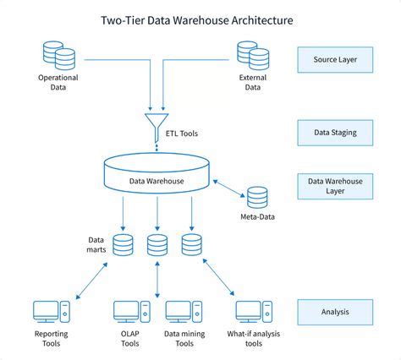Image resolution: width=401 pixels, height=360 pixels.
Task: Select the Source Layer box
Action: pos(336,59)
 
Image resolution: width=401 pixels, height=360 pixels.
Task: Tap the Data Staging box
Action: pos(336,133)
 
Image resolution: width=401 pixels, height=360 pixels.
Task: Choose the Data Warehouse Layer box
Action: pos(336,186)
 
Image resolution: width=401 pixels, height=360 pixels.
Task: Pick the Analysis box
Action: pos(336,312)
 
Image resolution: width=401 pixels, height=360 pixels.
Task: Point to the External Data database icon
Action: pos(254,56)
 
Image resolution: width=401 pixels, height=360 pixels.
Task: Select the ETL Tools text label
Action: pos(191,133)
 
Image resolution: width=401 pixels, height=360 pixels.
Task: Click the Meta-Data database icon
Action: pos(257,197)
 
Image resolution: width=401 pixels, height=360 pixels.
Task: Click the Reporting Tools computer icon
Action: pos(47,313)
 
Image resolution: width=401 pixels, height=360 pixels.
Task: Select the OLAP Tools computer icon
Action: pos(129,313)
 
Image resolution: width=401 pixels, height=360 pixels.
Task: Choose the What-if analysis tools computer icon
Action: pos(249,313)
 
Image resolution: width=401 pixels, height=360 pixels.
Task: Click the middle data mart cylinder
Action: pos(157,245)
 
